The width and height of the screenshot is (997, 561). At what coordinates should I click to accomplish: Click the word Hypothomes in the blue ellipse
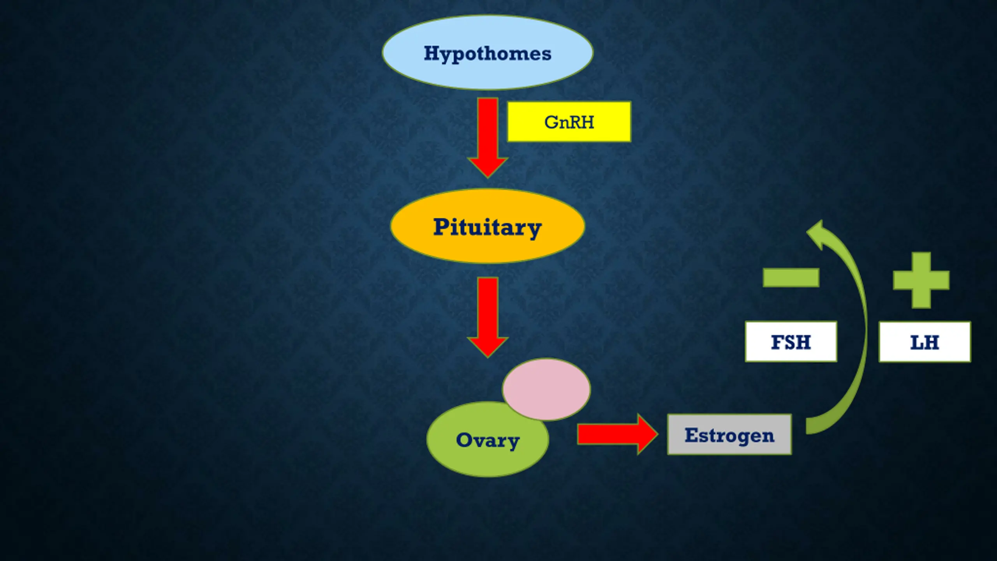(487, 53)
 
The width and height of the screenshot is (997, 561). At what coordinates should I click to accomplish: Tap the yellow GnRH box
(569, 122)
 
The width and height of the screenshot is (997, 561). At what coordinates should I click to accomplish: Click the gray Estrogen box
(729, 434)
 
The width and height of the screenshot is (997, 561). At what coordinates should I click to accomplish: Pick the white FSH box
(791, 342)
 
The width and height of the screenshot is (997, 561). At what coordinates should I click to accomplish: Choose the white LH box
(925, 342)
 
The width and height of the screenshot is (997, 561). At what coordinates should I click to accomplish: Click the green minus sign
(791, 277)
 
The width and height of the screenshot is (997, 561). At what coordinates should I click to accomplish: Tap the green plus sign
(921, 280)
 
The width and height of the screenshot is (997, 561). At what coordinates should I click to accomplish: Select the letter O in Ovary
(464, 440)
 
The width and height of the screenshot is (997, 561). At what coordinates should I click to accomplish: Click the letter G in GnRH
(551, 122)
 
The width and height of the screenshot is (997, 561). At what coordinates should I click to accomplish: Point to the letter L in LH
(916, 342)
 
